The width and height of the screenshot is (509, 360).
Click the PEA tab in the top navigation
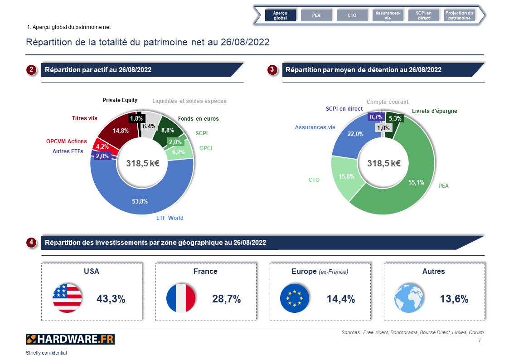(x=316, y=15)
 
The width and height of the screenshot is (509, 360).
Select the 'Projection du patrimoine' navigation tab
(x=459, y=15)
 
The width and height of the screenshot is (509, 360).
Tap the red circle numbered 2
(x=31, y=70)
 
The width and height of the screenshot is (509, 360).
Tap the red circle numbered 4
(x=31, y=243)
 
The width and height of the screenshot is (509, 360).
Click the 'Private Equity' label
(x=120, y=100)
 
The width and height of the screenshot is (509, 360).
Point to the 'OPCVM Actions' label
(x=66, y=141)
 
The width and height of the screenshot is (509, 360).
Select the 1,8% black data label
(x=136, y=119)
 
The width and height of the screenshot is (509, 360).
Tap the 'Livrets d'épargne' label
(x=434, y=111)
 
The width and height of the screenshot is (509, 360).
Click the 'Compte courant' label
(x=387, y=102)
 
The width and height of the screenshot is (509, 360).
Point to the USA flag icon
(x=67, y=298)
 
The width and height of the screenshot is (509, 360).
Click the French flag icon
(x=181, y=298)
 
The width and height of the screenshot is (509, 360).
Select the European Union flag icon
(x=295, y=298)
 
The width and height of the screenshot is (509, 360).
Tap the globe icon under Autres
(x=409, y=298)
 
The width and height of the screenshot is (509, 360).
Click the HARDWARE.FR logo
(x=70, y=339)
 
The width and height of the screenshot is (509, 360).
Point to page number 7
(x=480, y=341)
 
